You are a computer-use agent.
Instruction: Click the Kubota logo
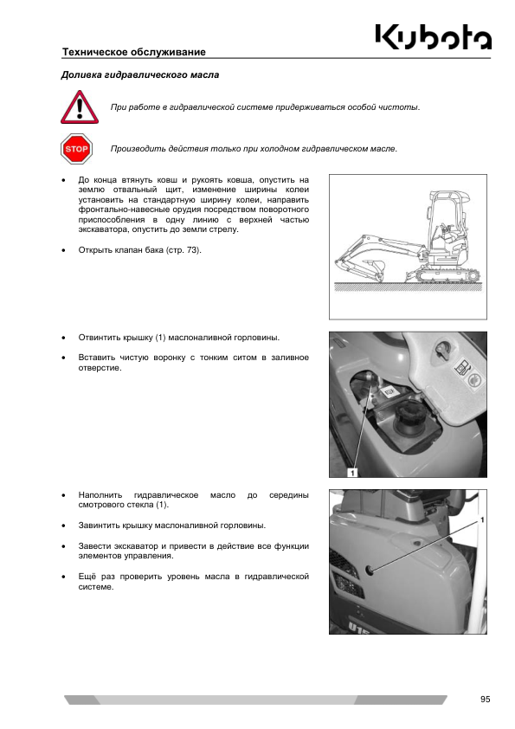coord(433,36)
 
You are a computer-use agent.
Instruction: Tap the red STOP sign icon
coord(76,149)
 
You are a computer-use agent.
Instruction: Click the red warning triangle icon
coord(80,107)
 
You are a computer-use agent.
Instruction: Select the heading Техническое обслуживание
coord(134,52)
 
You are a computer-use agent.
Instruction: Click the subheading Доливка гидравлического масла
coord(140,74)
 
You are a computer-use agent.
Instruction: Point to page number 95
coord(486,700)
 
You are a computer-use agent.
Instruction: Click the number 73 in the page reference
coord(191,250)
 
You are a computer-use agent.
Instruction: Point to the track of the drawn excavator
coord(447,274)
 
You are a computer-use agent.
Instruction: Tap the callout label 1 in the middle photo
coord(353,473)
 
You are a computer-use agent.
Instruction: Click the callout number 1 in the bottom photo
coord(482,519)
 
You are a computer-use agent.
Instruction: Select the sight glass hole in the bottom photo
coord(370,570)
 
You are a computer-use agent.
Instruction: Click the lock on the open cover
coord(441,352)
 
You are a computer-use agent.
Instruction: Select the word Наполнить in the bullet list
coord(100,495)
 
